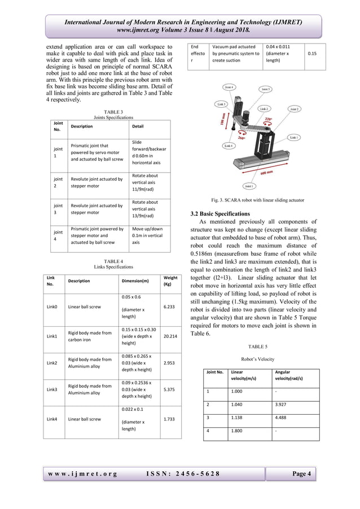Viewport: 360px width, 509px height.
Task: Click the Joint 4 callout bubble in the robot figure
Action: [x=230, y=87]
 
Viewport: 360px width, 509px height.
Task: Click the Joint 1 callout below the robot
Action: [x=248, y=185]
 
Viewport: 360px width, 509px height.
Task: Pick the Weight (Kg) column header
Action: [x=170, y=280]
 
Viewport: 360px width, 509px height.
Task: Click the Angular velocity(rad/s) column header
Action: [x=290, y=376]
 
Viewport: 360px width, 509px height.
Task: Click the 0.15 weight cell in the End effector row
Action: [x=311, y=54]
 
